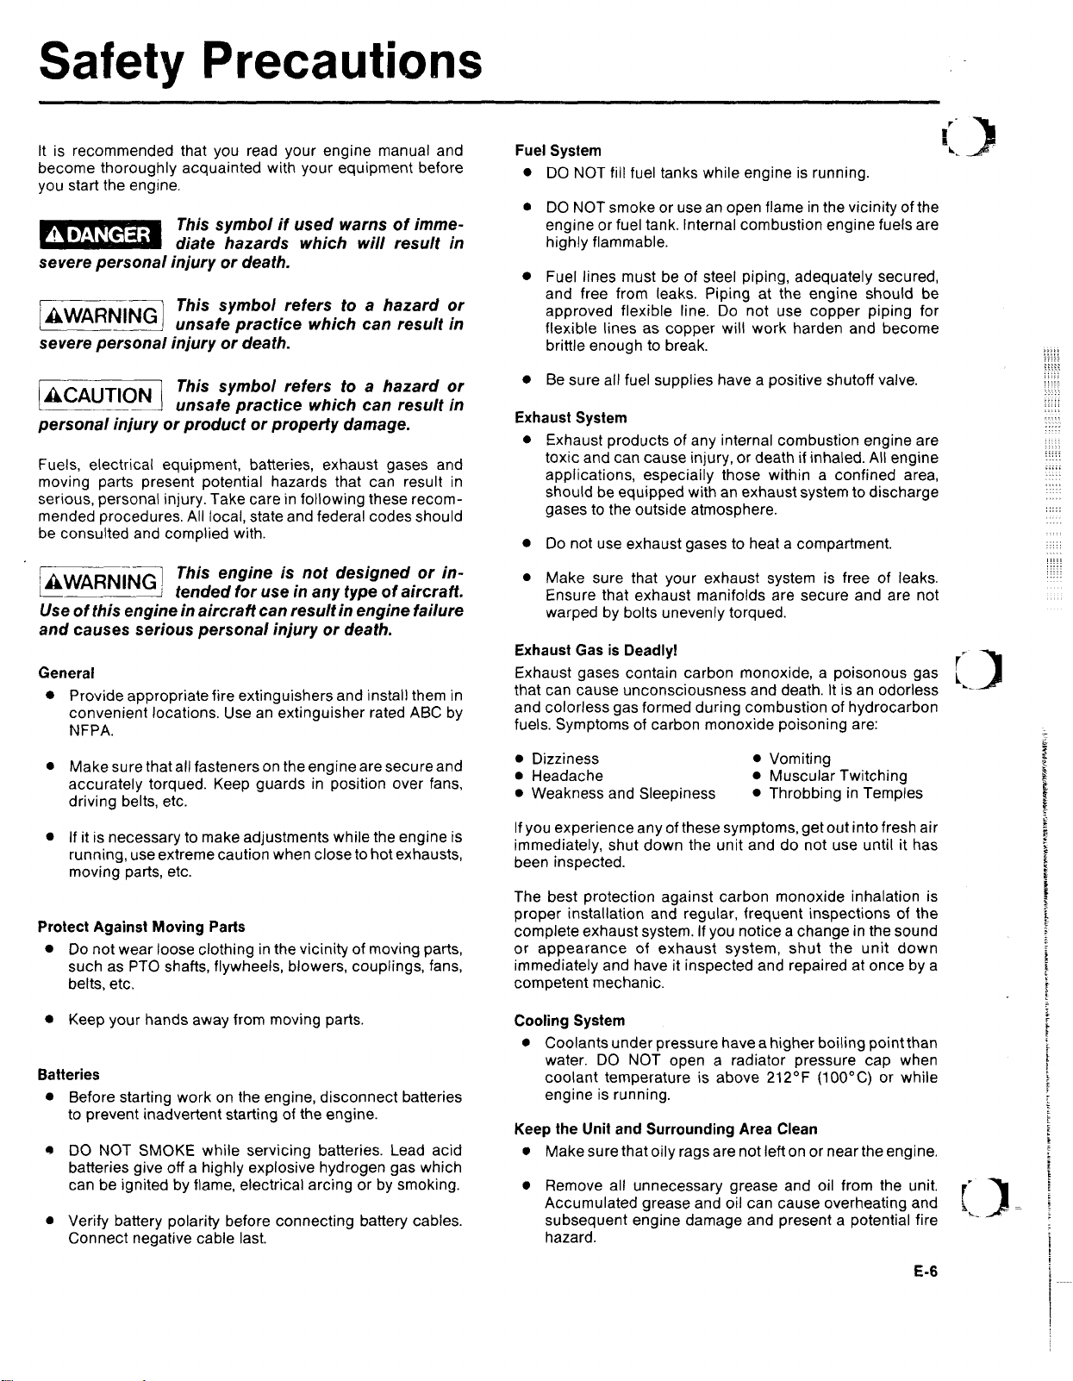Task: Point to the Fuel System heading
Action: (x=558, y=151)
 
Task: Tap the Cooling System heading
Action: (x=570, y=1021)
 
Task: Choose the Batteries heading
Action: (x=69, y=1075)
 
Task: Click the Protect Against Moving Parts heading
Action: (x=141, y=927)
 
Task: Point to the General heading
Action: (x=66, y=672)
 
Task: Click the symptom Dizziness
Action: (x=565, y=759)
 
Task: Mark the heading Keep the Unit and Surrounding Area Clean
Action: (x=665, y=1129)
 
